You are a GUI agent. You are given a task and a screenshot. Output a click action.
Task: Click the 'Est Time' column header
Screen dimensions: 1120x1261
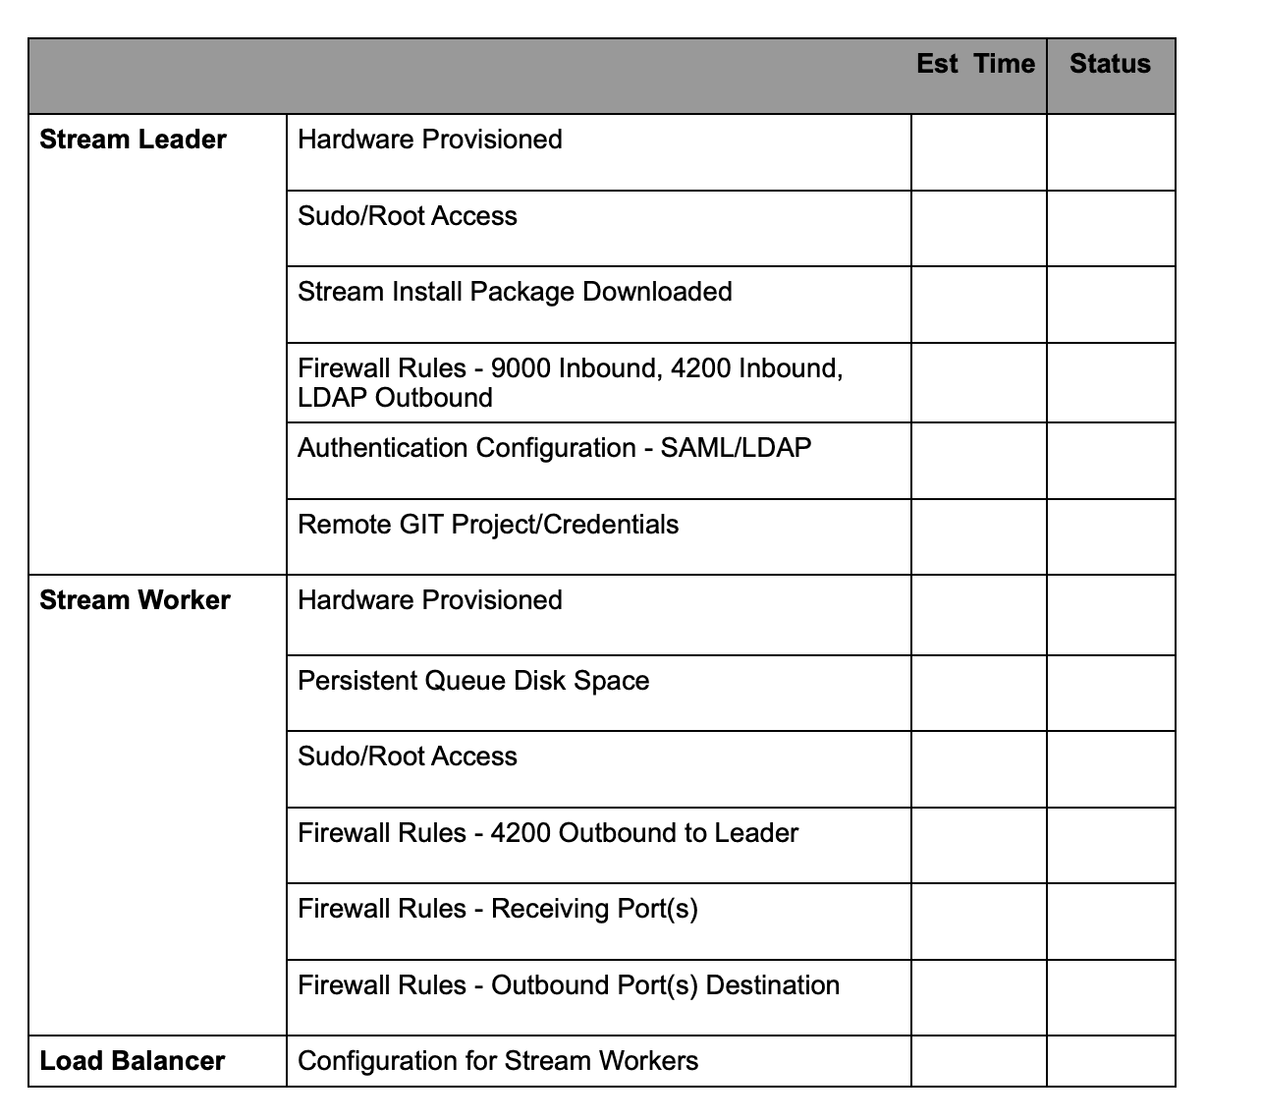pyautogui.click(x=975, y=64)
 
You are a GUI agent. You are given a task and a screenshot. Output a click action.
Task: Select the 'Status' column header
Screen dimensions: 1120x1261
pyautogui.click(x=1110, y=64)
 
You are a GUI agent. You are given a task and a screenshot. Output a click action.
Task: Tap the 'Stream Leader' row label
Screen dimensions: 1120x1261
pyautogui.click(x=133, y=140)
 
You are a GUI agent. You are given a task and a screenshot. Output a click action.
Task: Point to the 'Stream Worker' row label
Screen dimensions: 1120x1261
pyautogui.click(x=135, y=600)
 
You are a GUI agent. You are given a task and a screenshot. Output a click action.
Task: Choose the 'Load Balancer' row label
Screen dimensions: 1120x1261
pyautogui.click(x=133, y=1061)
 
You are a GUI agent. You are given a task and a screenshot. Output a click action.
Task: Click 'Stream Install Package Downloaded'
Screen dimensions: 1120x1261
pyautogui.click(x=515, y=292)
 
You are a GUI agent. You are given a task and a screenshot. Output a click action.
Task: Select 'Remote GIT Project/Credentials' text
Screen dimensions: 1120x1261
pyautogui.click(x=488, y=525)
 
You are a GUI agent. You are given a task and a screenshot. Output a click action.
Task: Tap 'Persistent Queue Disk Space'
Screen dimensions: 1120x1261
pyautogui.click(x=473, y=681)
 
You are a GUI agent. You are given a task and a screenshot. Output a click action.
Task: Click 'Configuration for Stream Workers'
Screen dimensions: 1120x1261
pyautogui.click(x=498, y=1061)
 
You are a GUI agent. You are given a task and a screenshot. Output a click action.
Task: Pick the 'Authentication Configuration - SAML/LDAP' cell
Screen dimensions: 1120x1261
pyautogui.click(x=555, y=448)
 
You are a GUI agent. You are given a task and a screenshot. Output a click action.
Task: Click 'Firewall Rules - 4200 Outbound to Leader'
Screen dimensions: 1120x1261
pyautogui.click(x=548, y=833)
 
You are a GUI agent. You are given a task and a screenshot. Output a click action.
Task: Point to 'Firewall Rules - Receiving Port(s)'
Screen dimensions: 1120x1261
pyautogui.click(x=498, y=909)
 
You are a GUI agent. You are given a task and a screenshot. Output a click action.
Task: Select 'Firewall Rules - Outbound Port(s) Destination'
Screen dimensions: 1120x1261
pyautogui.click(x=569, y=985)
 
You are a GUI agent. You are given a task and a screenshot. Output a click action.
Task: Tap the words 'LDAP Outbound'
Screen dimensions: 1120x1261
pyautogui.click(x=395, y=398)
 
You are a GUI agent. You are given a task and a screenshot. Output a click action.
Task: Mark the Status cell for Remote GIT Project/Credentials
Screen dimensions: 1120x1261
pyautogui.click(x=1111, y=536)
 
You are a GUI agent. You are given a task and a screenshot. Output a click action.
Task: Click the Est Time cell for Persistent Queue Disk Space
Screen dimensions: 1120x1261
pyautogui.click(x=978, y=693)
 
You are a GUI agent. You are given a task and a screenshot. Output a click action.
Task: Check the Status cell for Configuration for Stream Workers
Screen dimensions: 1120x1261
pyautogui.click(x=1111, y=1061)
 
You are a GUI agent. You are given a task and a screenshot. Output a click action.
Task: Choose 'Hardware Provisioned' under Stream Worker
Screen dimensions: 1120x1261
pyautogui.click(x=430, y=600)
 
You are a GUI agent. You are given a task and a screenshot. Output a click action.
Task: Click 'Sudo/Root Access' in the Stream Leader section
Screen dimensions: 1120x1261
pyautogui.click(x=408, y=216)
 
